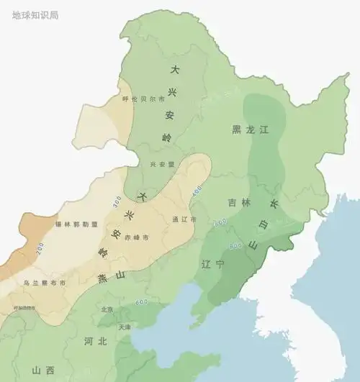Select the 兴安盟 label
161,165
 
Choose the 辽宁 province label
215,264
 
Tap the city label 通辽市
184,219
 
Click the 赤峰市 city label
136,237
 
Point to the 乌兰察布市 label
44,283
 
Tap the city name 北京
107,309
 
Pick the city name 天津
125,327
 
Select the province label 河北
95,341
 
